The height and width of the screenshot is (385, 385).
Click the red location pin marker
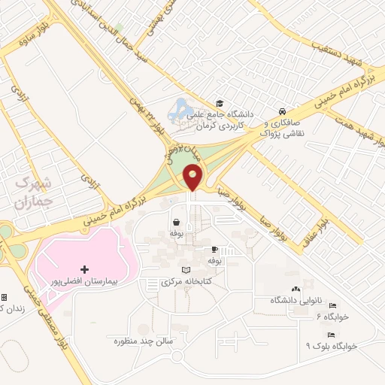(x=193, y=178)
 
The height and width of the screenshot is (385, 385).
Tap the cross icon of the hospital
(x=84, y=268)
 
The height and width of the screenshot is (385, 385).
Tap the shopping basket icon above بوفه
(x=176, y=222)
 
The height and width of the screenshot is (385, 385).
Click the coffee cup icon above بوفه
(x=214, y=249)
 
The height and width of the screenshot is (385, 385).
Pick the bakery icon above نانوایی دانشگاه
(x=294, y=289)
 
